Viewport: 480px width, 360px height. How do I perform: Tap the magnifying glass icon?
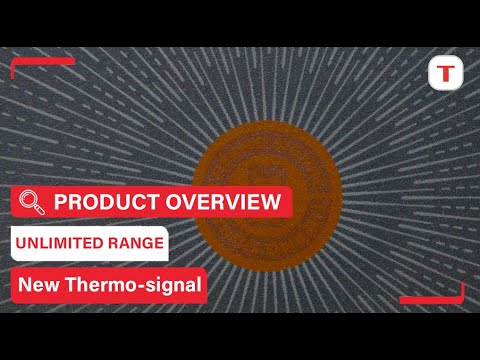pyautogui.click(x=33, y=202)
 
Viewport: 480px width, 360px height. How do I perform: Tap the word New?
pyautogui.click(x=39, y=285)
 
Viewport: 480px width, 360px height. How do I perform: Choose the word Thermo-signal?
pyautogui.click(x=131, y=285)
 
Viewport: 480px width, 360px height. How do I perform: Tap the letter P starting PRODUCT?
pyautogui.click(x=59, y=202)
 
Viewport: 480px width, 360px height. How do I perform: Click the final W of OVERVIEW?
pyautogui.click(x=269, y=202)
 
